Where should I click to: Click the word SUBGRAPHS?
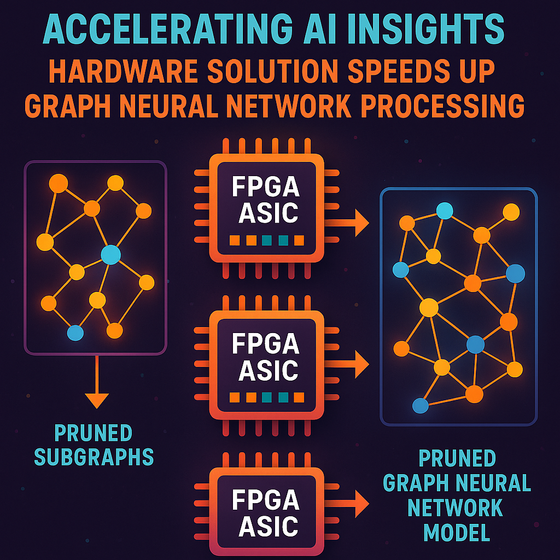pos(94,457)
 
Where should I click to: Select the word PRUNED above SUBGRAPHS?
pos(94,433)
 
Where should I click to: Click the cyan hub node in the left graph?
pos(110,254)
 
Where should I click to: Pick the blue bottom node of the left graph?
pos(75,332)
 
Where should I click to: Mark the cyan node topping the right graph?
pos(445,211)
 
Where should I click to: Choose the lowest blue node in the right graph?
pos(420,405)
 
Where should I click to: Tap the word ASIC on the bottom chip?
pos(268,526)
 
